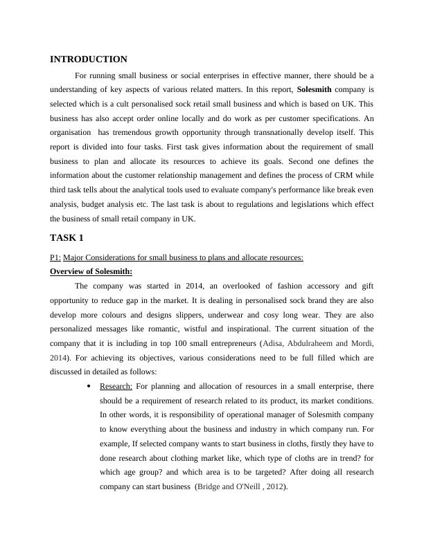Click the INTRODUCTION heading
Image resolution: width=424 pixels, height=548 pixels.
click(x=89, y=60)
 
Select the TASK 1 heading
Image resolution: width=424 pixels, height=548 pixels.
click(x=67, y=237)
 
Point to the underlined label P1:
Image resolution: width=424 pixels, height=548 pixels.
click(x=56, y=257)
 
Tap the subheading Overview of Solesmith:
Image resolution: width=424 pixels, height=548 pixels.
click(x=91, y=271)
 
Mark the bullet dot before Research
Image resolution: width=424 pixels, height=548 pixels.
click(x=89, y=386)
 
